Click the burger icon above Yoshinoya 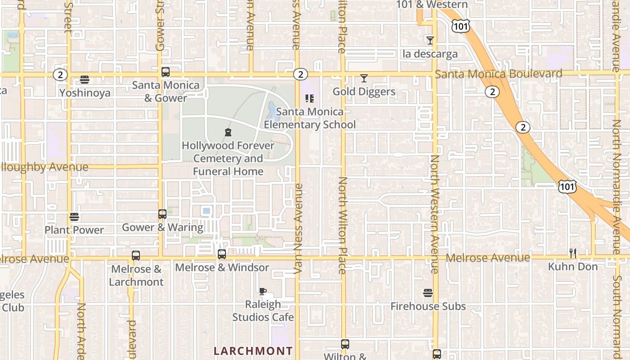[85, 80]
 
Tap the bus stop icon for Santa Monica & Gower [166, 72]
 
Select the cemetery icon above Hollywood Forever [228, 132]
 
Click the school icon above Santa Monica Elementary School [310, 98]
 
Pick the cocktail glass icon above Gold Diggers [364, 78]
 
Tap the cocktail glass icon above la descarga [430, 40]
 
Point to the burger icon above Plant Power [74, 217]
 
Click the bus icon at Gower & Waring [162, 214]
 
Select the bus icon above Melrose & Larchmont [136, 256]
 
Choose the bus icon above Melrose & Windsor [222, 254]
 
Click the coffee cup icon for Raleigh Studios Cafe [263, 291]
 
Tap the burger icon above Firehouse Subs [428, 293]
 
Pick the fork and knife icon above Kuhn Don [573, 253]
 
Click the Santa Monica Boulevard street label [499, 74]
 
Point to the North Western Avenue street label [435, 214]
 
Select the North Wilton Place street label [343, 225]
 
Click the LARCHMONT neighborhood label [253, 351]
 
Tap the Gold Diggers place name [364, 92]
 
